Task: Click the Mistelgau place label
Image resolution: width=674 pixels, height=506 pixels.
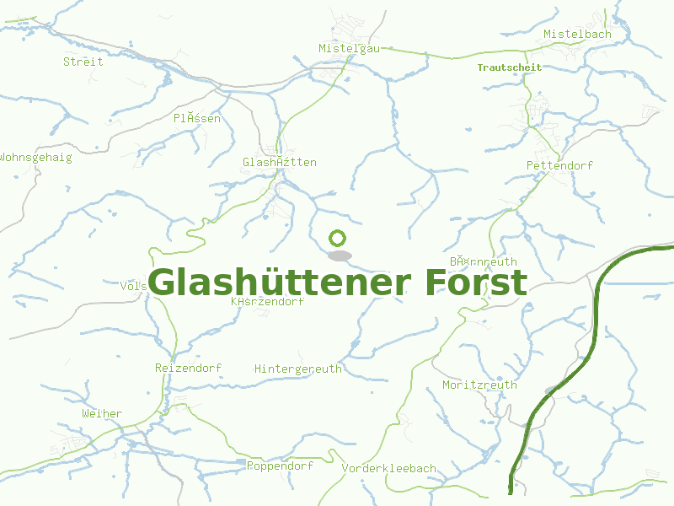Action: [349, 48]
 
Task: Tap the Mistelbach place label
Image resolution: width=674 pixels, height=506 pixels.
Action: [577, 34]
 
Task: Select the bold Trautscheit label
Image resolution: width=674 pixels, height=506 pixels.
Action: [509, 67]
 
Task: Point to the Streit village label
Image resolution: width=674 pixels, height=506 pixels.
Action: [83, 62]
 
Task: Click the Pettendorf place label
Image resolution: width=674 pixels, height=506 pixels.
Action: [559, 165]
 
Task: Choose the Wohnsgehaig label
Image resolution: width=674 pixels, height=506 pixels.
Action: [36, 157]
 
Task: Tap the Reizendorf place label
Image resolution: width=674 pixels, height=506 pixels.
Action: [188, 369]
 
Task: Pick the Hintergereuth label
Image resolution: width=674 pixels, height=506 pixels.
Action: [298, 369]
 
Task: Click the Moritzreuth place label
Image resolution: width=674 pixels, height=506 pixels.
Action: [479, 385]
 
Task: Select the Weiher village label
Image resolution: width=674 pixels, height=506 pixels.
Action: [102, 413]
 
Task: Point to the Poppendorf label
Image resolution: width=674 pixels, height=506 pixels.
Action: [280, 466]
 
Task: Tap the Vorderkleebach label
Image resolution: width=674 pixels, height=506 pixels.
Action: [389, 468]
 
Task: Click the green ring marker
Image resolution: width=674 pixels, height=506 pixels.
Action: [338, 238]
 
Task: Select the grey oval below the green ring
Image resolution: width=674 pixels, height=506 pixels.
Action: [340, 256]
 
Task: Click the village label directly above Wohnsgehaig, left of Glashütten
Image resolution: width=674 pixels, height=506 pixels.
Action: [197, 118]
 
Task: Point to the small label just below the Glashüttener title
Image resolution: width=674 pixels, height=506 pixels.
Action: [267, 301]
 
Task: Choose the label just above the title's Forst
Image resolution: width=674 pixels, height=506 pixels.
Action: [484, 261]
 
